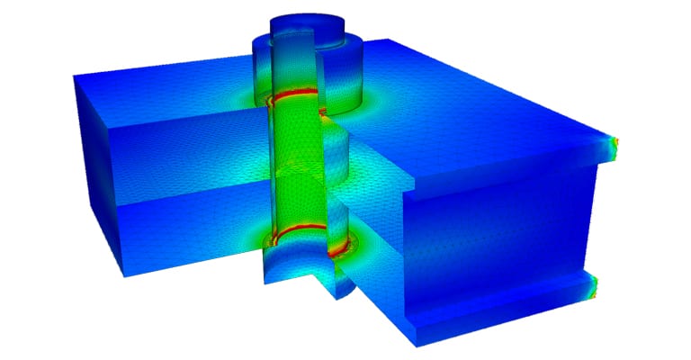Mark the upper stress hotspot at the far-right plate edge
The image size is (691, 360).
pos(615,144)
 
